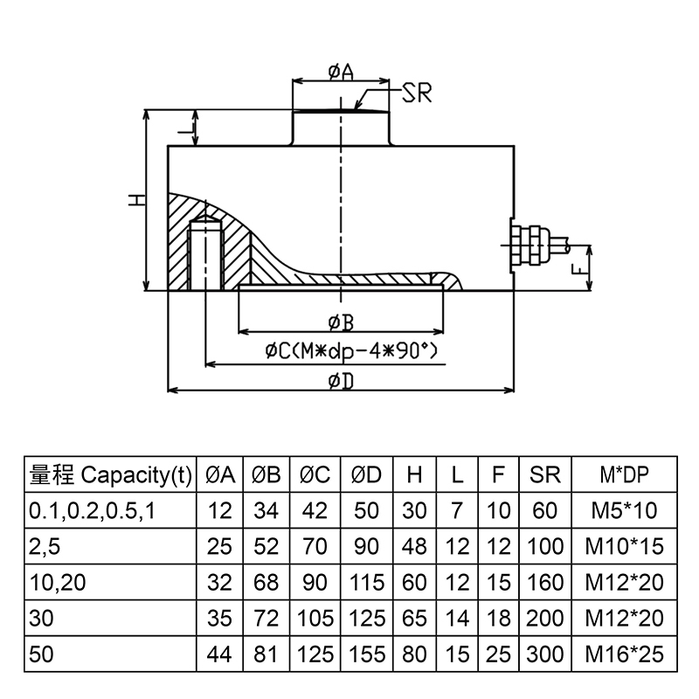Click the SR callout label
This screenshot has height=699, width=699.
point(416,93)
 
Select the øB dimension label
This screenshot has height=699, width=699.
point(341,323)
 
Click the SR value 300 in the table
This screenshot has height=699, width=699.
point(545,654)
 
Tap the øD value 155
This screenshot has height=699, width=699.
point(367,654)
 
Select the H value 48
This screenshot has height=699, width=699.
point(415,547)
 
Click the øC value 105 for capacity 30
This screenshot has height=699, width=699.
point(315,618)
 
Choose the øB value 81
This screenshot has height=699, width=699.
point(266,654)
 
